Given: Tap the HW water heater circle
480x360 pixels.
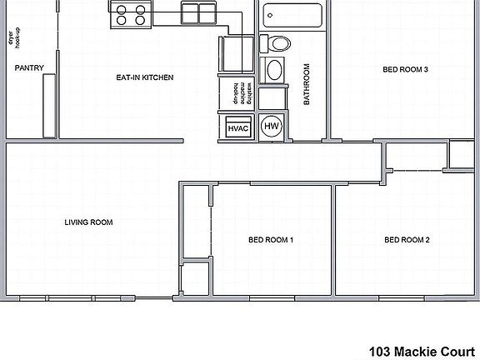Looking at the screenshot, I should [x=271, y=127].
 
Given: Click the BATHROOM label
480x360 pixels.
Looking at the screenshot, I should [x=306, y=84].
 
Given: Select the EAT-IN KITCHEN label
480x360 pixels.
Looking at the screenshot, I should [x=144, y=77].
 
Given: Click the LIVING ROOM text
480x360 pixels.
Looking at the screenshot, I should [x=88, y=222].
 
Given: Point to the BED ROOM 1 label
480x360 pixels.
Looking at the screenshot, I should [x=271, y=240].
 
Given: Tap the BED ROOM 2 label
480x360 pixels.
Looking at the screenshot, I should [x=407, y=240].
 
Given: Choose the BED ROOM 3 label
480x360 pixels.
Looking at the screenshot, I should [x=405, y=69].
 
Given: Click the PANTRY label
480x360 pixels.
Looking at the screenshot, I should [x=29, y=68].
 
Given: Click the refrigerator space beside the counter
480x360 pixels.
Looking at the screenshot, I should [x=235, y=55].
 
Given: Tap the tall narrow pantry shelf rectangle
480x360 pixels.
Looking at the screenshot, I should [x=47, y=104].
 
